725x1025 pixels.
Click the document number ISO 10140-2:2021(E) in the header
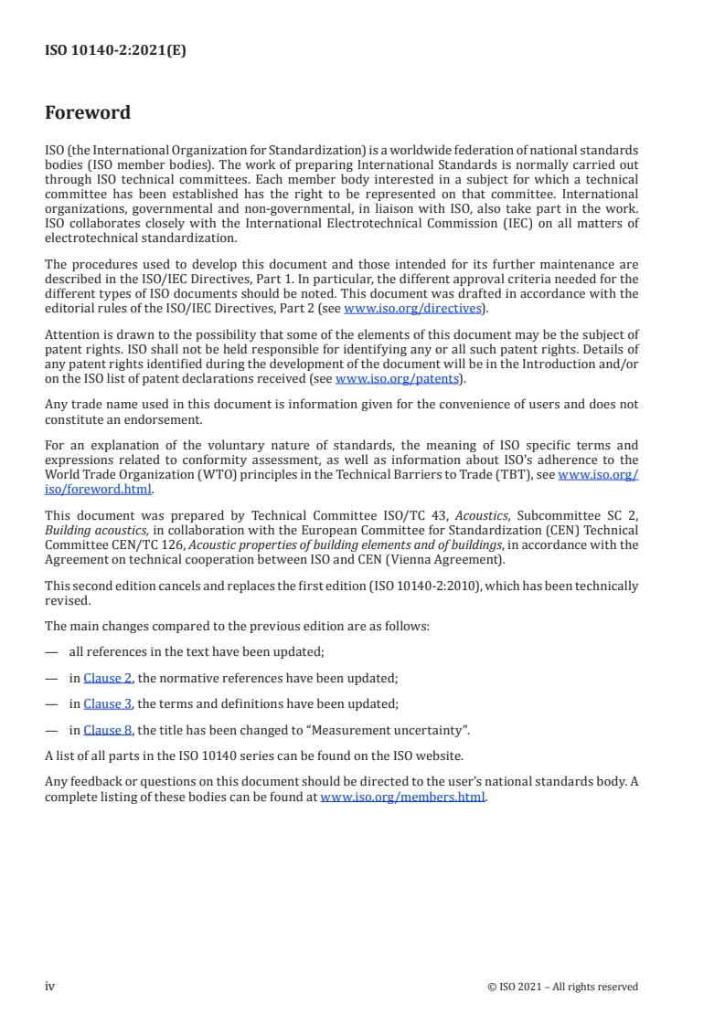(115, 51)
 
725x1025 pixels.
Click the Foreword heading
(88, 113)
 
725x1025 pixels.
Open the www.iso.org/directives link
(412, 309)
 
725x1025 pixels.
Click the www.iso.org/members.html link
(402, 797)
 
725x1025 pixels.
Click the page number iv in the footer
(50, 986)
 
